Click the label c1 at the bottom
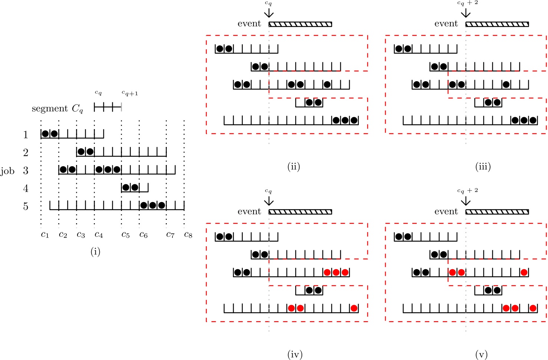coord(45,235)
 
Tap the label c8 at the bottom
coord(188,235)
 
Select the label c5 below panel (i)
coord(125,235)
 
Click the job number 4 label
coord(26,188)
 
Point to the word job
coord(7,171)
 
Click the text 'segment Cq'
coord(57,109)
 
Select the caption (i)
coord(95,252)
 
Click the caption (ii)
coord(294,166)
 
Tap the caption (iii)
coord(483,166)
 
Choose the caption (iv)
coord(295,354)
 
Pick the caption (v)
coord(481,354)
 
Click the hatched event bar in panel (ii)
coord(300,24)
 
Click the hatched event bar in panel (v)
coord(497,212)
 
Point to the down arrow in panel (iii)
coord(466,13)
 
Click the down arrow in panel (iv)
coord(269,201)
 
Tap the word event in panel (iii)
coord(446,24)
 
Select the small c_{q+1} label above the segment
coord(130,93)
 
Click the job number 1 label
coord(26,134)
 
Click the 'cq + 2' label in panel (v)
coord(468,191)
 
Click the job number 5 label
coord(26,206)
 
